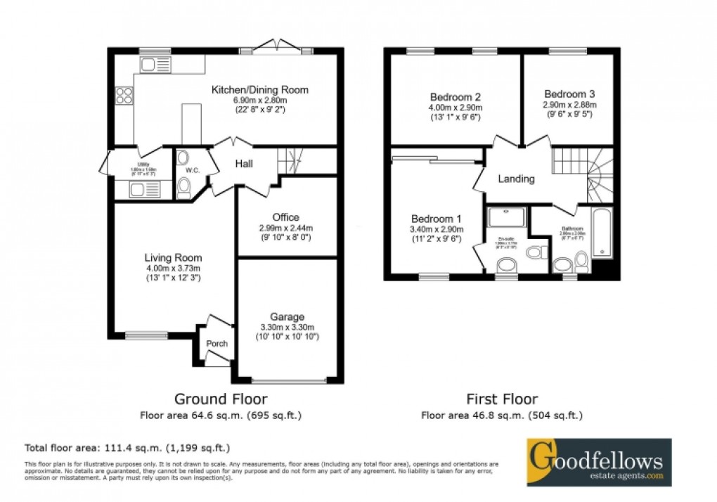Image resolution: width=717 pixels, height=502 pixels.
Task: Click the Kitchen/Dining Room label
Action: coord(261,90)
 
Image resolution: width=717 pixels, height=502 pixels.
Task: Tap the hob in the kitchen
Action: coord(124,95)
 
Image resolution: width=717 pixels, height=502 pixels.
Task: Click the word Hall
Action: coord(244,164)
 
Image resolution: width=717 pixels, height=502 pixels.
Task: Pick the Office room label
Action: coord(286,217)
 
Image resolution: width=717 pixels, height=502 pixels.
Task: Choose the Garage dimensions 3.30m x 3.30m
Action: coord(287,327)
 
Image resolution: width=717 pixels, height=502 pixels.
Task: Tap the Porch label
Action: coord(217,344)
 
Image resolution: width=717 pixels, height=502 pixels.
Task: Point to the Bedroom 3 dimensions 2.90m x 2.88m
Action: coord(569,105)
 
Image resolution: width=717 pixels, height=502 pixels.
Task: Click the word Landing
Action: coord(516,179)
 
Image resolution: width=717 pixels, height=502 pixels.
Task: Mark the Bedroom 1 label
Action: coord(436,217)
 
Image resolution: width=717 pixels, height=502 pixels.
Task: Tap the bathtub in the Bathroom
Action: coord(602,233)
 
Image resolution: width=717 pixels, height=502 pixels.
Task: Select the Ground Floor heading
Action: coord(220,399)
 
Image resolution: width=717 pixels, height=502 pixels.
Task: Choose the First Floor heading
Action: coord(501,399)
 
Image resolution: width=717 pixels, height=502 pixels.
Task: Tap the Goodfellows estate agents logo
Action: coord(599,462)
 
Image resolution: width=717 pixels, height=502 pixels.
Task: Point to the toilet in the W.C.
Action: coord(184,187)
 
